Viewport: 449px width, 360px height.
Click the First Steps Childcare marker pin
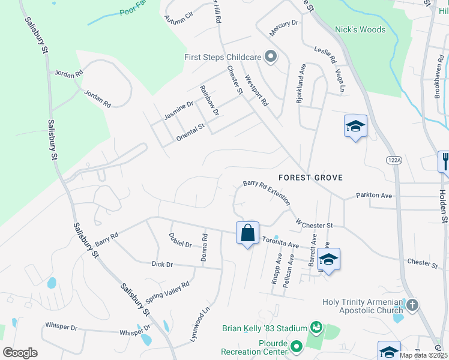click(271, 57)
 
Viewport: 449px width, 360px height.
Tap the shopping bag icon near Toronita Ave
click(248, 233)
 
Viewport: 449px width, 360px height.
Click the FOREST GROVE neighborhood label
click(310, 178)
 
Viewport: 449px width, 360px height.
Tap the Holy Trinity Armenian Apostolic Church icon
click(411, 305)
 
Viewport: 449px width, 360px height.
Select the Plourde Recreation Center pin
click(296, 346)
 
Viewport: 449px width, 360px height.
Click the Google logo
click(20, 352)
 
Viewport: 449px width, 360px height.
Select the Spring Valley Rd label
click(167, 293)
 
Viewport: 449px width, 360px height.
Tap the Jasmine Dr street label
click(178, 109)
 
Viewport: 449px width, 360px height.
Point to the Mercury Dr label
click(283, 23)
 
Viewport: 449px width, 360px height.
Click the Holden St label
click(443, 206)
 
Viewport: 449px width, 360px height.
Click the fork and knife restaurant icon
click(445, 161)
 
